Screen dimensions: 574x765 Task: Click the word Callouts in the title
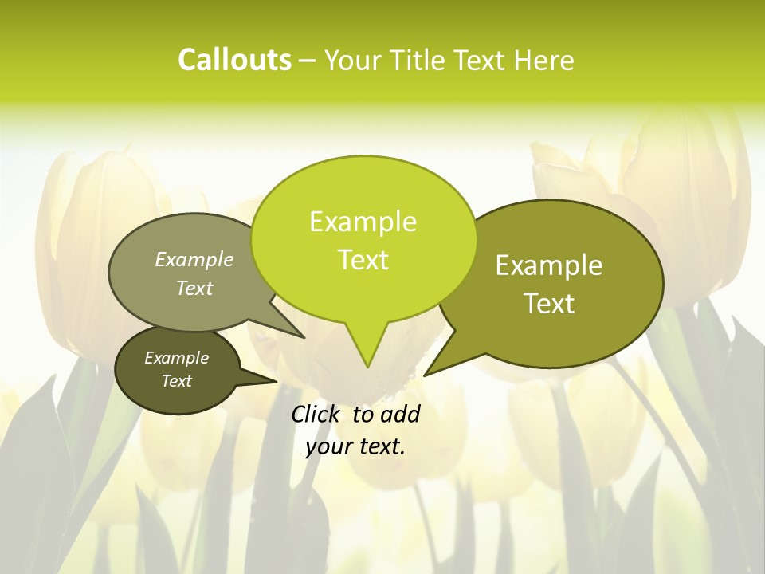click(x=234, y=60)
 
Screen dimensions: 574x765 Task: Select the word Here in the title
click(x=545, y=60)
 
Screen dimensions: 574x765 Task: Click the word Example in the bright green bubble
click(x=363, y=222)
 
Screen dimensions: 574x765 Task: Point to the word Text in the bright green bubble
click(x=363, y=260)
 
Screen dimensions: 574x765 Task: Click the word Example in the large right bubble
click(x=549, y=265)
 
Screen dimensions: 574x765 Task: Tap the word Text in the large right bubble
click(x=549, y=304)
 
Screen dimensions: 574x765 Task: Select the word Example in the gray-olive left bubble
click(x=194, y=259)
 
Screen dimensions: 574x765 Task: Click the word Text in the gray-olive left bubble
click(x=194, y=288)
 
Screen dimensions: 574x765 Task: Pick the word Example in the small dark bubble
click(x=177, y=358)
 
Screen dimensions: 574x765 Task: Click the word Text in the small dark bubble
click(x=177, y=381)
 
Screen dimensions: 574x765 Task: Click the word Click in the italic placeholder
click(x=316, y=414)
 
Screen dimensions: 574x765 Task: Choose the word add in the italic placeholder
click(x=399, y=414)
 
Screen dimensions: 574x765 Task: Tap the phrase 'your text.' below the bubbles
click(x=355, y=446)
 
